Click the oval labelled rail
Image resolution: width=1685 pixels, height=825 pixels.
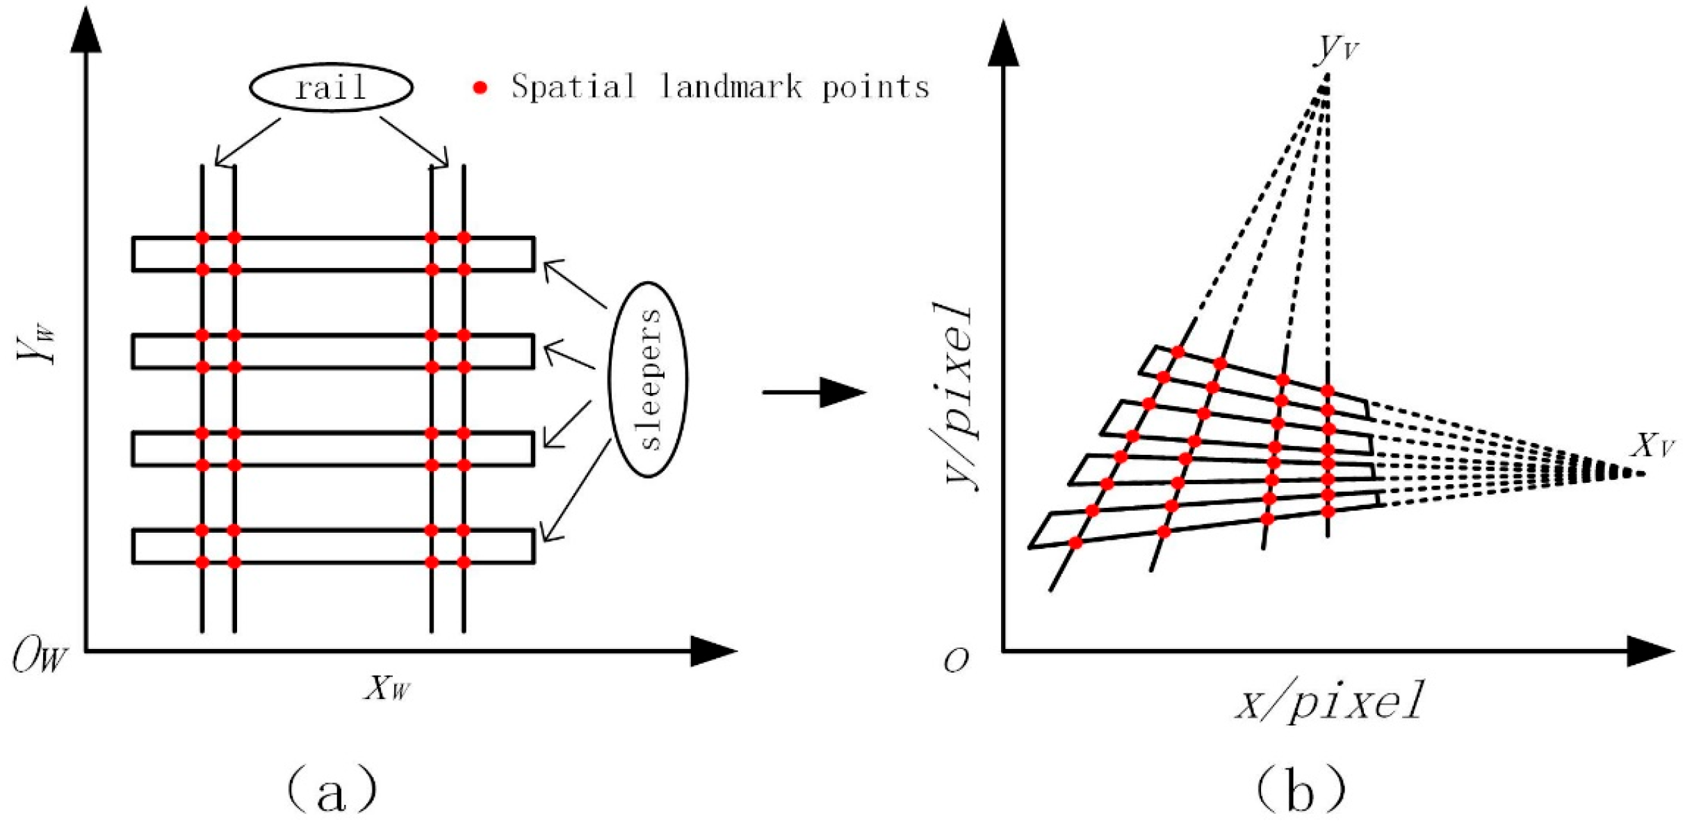[331, 88]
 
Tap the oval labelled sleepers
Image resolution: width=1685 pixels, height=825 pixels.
[648, 380]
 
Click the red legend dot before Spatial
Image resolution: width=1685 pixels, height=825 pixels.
[480, 88]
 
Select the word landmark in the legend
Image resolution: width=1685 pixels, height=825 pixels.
[731, 88]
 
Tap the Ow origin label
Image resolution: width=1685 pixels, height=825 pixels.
[40, 656]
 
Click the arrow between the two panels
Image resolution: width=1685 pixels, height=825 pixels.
[813, 392]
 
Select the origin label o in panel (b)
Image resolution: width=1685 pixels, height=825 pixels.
[957, 659]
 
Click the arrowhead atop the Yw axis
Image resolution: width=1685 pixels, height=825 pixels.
[86, 31]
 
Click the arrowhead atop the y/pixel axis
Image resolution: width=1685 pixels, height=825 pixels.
[1003, 44]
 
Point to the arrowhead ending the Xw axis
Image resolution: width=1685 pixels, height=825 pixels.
[713, 651]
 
